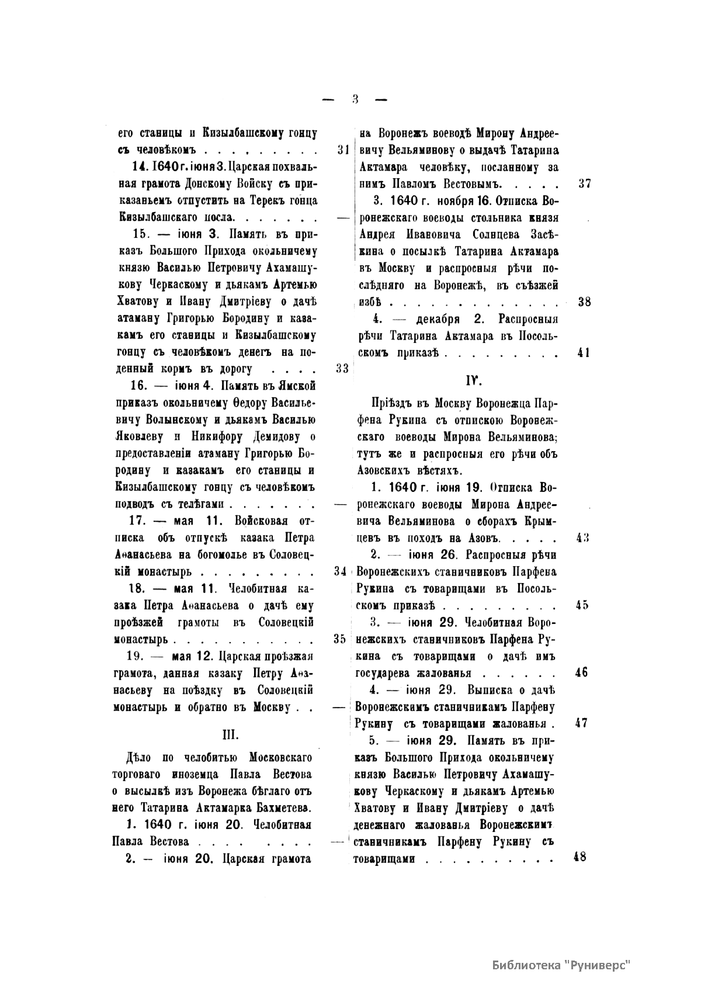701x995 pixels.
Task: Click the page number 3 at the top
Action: click(x=355, y=99)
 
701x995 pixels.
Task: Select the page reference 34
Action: click(x=342, y=571)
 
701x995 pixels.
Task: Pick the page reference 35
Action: click(x=341, y=639)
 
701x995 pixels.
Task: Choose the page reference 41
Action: click(x=583, y=353)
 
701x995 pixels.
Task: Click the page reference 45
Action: click(x=582, y=605)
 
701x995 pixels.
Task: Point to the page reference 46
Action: click(x=582, y=672)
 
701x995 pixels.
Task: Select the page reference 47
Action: click(x=581, y=723)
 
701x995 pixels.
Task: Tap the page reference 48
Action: click(x=579, y=858)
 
